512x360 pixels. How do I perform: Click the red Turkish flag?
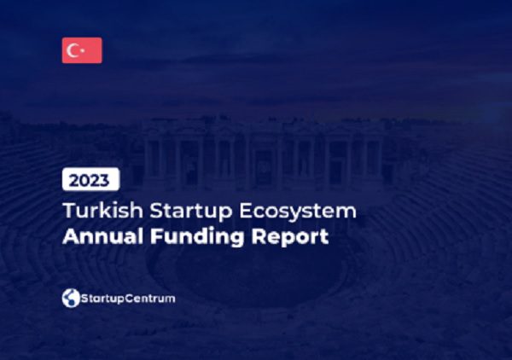pos(82,50)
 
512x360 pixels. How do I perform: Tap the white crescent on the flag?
pos(71,50)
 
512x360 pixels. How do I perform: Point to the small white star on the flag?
pos(82,50)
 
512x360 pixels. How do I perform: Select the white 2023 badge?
pos(90,179)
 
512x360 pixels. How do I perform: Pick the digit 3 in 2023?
pos(104,181)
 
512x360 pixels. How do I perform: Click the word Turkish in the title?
pos(103,210)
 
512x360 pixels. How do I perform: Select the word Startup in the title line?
pos(191,212)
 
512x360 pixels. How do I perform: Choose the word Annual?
pos(103,236)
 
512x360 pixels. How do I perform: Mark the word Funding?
pos(197,236)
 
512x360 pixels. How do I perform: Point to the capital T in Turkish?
pos(70,211)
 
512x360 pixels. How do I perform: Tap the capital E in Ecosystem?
pos(247,211)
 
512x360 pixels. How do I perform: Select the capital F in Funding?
pos(156,236)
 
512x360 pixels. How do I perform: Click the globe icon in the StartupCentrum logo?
pos(71,298)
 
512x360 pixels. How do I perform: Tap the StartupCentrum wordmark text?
pos(128,299)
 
